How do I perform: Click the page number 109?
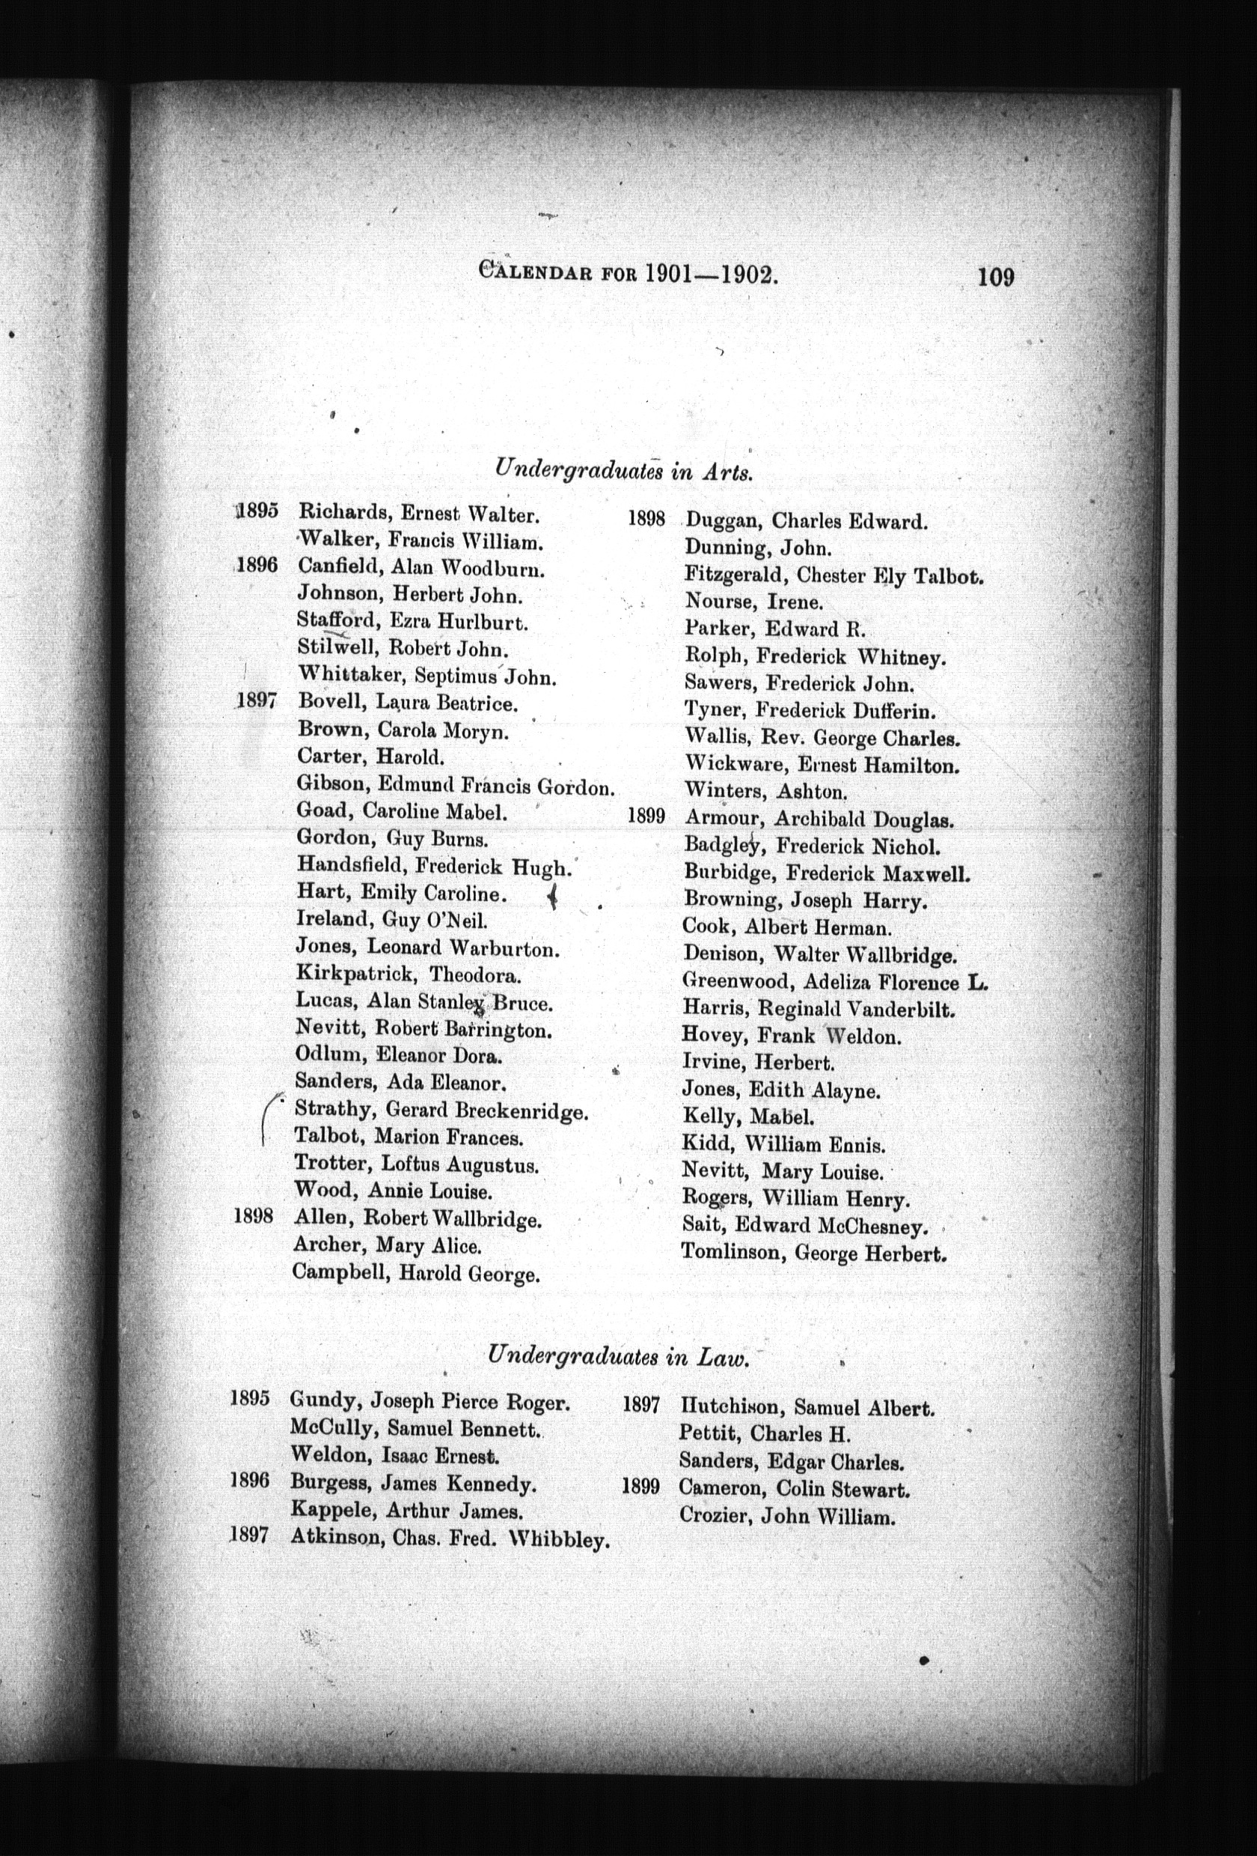pyautogui.click(x=995, y=277)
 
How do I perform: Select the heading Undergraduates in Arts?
pyautogui.click(x=623, y=468)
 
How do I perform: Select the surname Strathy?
pyautogui.click(x=334, y=1109)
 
